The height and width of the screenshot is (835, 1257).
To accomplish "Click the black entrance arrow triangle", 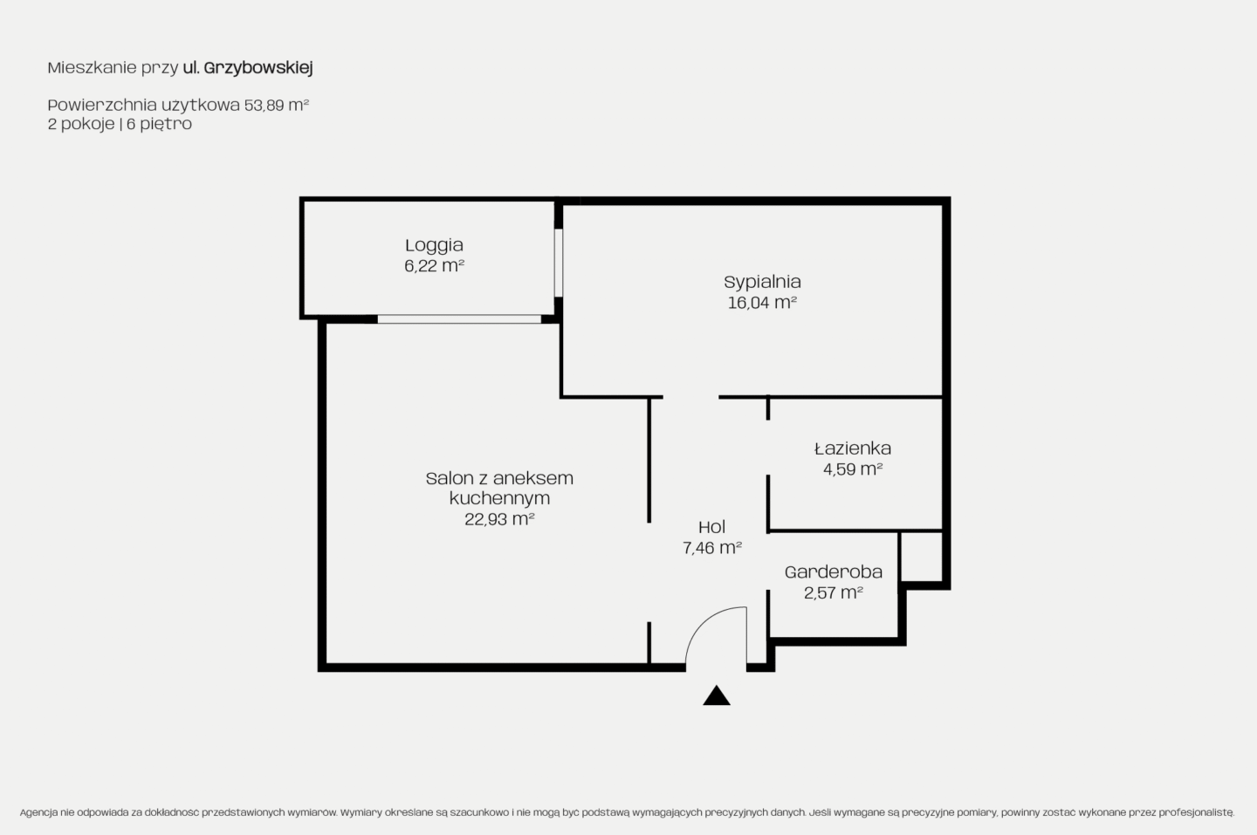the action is (x=717, y=696).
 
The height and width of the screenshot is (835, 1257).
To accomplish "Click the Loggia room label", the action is (x=435, y=246).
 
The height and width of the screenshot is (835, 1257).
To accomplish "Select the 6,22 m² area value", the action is (x=435, y=266).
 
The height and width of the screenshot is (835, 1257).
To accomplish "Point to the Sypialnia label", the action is (x=762, y=282).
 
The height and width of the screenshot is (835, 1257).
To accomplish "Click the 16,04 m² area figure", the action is (x=762, y=303).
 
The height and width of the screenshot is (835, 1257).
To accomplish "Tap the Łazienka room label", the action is (x=853, y=448).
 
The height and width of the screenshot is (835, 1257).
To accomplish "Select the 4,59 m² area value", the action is (x=853, y=469).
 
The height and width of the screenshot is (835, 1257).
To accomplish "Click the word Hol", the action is (x=712, y=527).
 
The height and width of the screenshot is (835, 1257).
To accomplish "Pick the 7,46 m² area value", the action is (x=712, y=548).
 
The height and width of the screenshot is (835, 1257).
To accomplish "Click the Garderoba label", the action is (x=834, y=572).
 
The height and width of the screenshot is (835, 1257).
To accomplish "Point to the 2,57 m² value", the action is (x=834, y=592).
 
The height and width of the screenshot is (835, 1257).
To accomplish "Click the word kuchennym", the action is (x=499, y=498).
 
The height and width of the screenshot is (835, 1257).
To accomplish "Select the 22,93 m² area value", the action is (x=499, y=519).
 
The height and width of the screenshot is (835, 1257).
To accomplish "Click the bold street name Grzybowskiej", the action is (x=258, y=68).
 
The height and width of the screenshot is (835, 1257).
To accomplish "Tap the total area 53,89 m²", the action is (x=277, y=106).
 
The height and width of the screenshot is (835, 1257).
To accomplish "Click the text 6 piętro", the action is (x=160, y=124).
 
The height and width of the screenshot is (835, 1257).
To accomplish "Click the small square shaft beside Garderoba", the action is (x=921, y=557).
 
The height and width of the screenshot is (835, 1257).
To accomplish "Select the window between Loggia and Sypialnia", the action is (x=559, y=263).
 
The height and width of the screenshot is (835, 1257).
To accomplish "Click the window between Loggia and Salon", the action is (x=459, y=319).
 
